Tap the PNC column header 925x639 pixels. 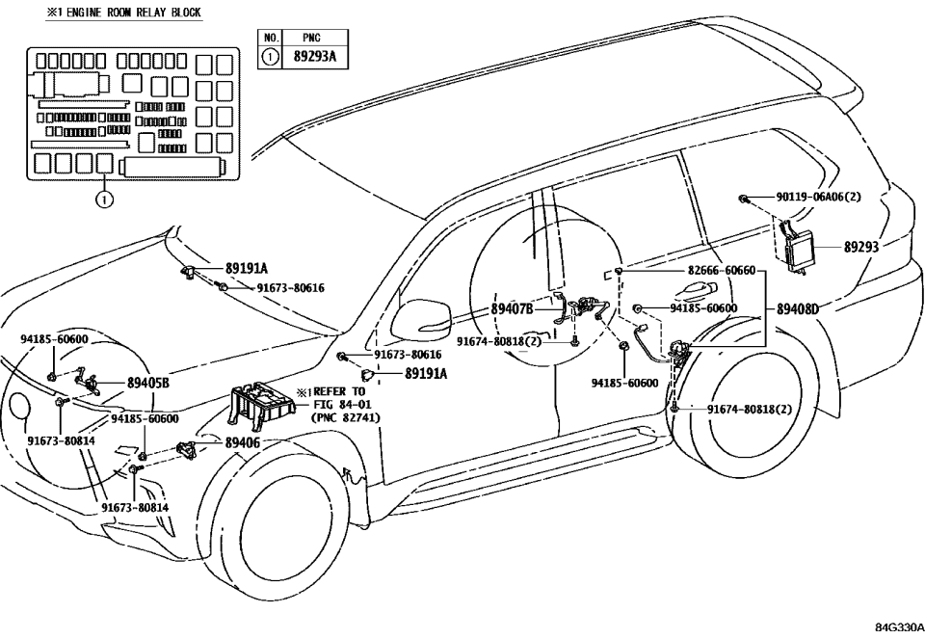click(x=311, y=39)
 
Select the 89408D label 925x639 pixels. click(x=798, y=309)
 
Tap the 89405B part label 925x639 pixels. click(x=148, y=383)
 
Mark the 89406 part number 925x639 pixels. click(x=243, y=442)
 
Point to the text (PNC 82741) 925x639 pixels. click(x=345, y=417)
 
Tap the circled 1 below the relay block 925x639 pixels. click(x=104, y=200)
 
